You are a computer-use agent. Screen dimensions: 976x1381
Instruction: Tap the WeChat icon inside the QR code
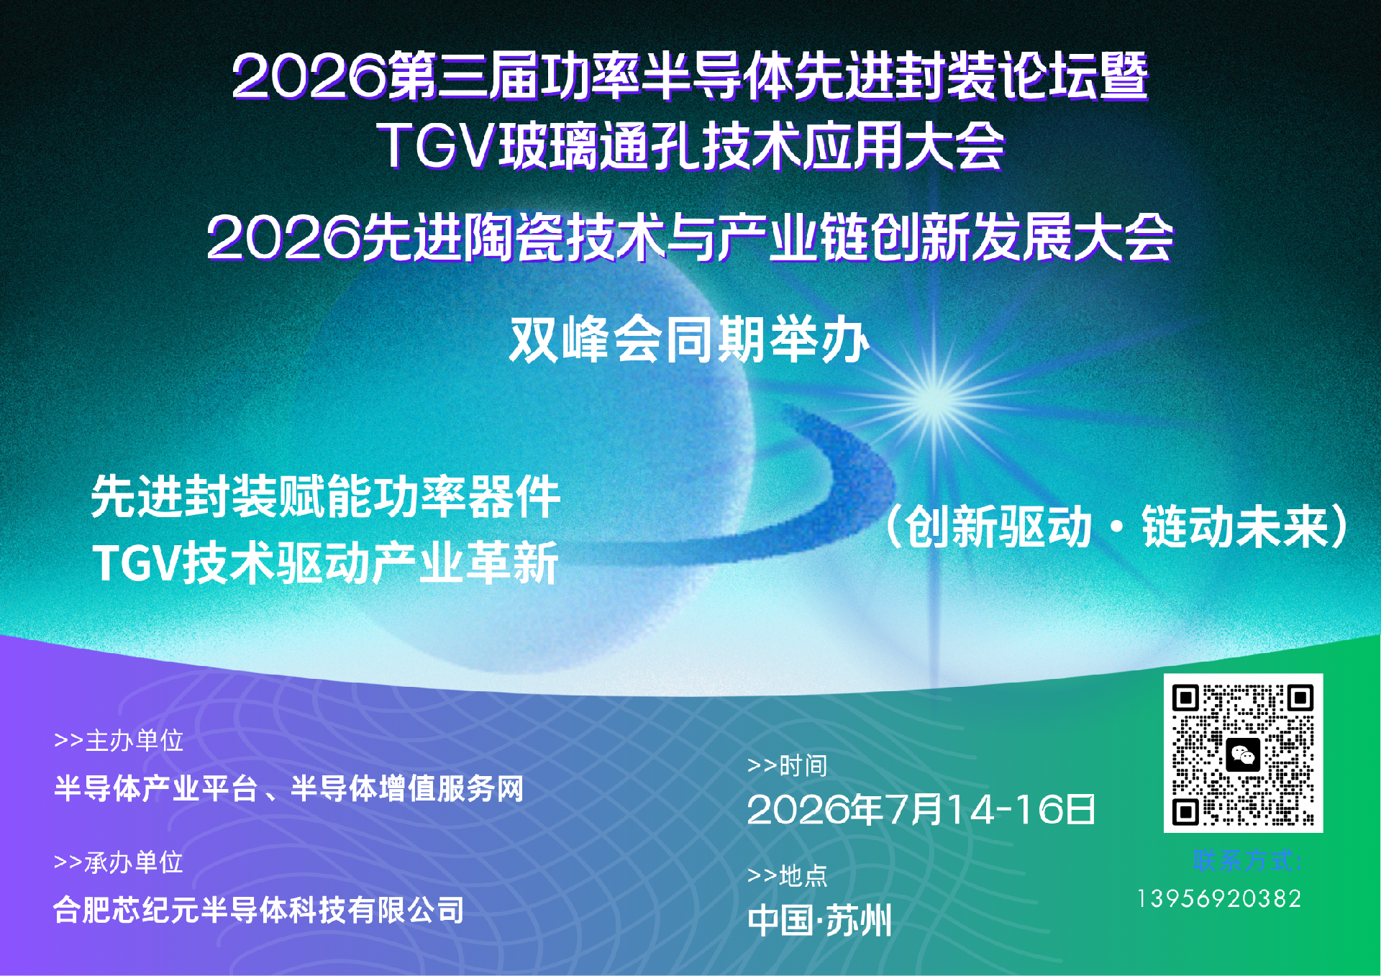point(1243,754)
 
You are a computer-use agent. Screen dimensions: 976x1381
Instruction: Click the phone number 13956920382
point(1219,898)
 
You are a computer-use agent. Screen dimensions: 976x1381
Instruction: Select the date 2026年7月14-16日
point(921,810)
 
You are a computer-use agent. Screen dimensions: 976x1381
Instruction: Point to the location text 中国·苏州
point(819,921)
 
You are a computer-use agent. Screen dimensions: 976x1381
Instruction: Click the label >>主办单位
point(119,740)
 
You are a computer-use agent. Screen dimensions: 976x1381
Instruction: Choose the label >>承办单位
point(119,862)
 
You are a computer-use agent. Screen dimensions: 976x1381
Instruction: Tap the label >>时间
point(787,765)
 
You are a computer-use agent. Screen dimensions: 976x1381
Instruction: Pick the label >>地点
point(787,875)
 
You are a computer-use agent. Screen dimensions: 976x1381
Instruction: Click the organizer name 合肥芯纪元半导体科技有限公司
point(259,910)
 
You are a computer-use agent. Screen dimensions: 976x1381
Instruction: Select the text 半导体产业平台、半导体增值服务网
point(288,788)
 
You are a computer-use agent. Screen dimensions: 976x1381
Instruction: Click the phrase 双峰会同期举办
point(689,339)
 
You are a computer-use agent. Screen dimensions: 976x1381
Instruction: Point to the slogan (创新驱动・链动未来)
point(1115,527)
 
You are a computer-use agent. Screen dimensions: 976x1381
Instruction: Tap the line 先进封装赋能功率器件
point(325,496)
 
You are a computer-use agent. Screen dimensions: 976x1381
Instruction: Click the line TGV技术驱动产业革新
point(325,562)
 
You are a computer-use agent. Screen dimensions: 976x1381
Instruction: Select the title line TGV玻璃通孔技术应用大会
point(690,146)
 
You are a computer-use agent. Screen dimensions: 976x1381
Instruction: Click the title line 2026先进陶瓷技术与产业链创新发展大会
point(690,238)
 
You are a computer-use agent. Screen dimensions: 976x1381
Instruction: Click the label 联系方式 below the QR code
point(1247,860)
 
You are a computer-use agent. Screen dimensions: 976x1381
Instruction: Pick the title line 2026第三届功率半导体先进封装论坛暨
point(690,76)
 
